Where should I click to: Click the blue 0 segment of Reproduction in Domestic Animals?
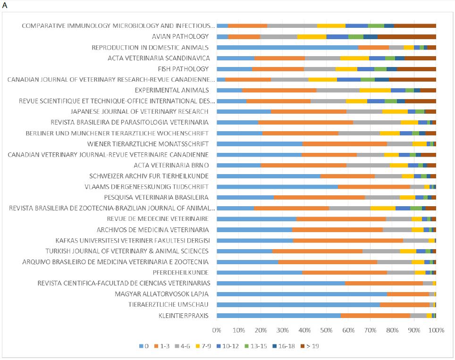pos(287,47)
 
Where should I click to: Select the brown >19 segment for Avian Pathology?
pos(406,36)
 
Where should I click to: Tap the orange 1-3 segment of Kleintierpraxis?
pos(375,316)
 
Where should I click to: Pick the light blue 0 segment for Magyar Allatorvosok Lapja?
pos(302,294)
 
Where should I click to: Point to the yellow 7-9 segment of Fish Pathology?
pos(346,69)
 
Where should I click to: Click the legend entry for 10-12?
pos(231,346)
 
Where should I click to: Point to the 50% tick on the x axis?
pos(326,330)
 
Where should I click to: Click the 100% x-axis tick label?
pos(436,330)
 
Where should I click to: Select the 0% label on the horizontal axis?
pos(217,330)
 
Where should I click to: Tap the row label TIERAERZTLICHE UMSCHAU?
pos(169,305)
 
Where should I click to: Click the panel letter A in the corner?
pos(5,5)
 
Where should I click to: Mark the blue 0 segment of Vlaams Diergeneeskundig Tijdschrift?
pos(277,187)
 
